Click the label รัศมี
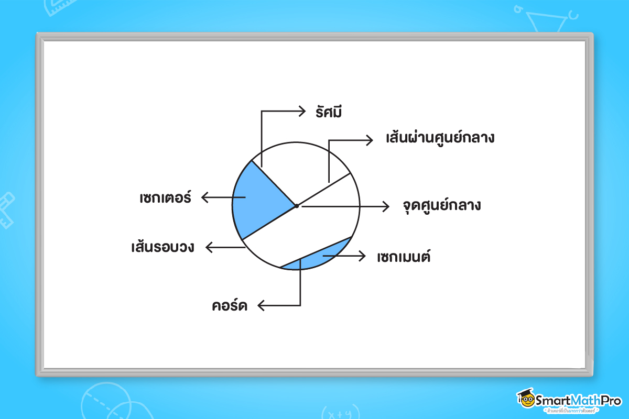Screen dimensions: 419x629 (329, 112)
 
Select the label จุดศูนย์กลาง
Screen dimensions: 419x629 (442, 205)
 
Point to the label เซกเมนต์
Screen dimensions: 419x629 (404, 257)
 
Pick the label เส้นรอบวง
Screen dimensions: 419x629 (163, 247)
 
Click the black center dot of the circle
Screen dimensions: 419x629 (296, 206)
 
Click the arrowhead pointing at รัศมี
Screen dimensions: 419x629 (302, 111)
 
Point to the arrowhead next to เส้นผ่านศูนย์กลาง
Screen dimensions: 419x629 (370, 140)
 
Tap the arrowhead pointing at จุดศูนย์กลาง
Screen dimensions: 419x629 (387, 206)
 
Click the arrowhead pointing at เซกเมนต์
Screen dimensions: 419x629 (362, 256)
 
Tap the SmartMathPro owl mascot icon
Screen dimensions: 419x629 (526, 399)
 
